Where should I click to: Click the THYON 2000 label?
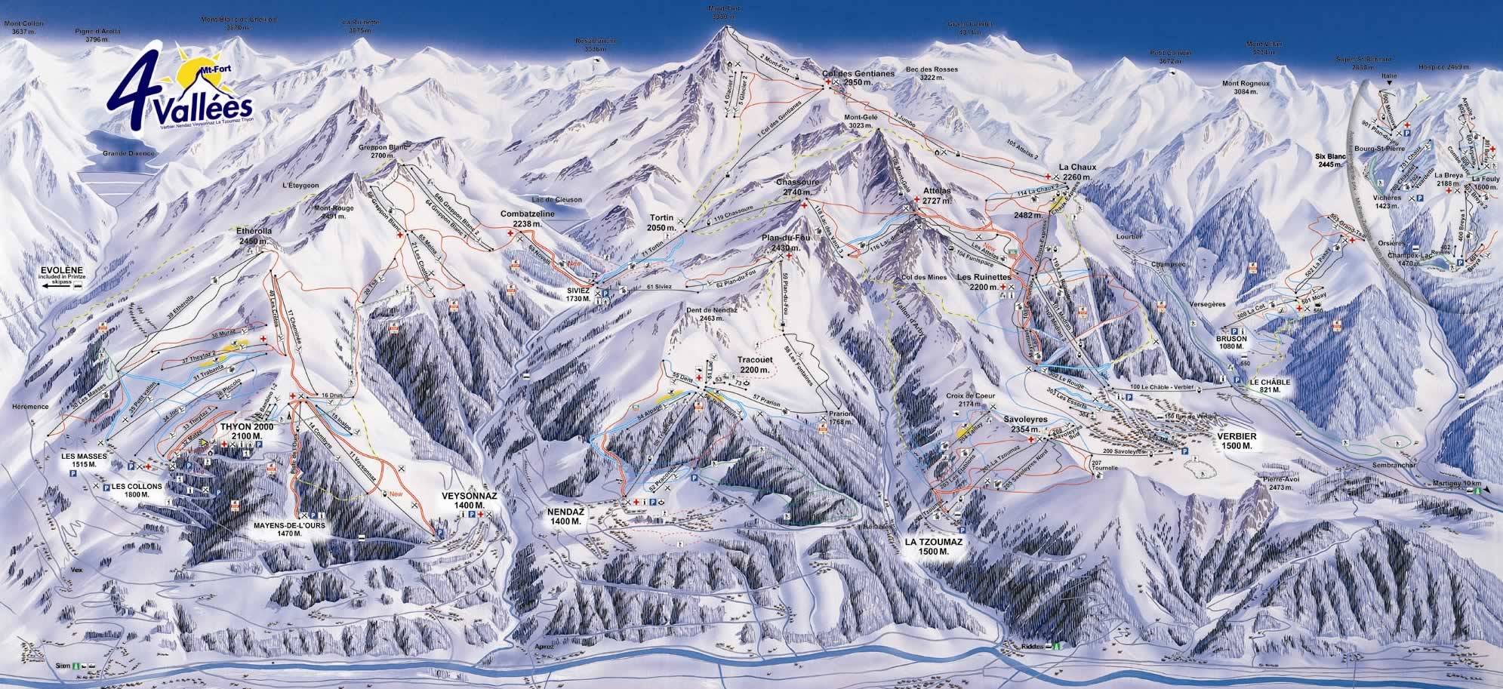coord(245,431)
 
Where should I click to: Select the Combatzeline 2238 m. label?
coord(528,218)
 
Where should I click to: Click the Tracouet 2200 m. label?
coord(754,365)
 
